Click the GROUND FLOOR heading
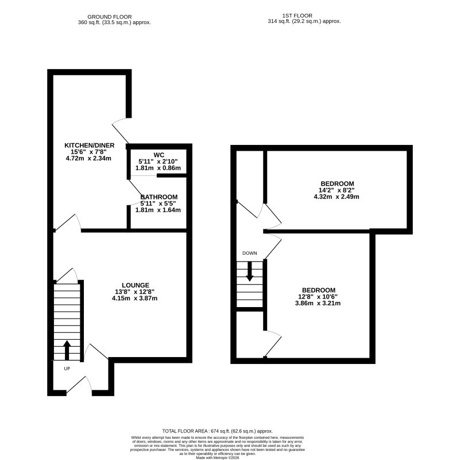[110, 17]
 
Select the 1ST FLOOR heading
[297, 16]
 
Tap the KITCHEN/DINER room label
[90, 145]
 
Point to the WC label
[159, 155]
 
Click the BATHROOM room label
[159, 197]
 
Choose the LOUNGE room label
[136, 285]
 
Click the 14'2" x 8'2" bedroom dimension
[337, 190]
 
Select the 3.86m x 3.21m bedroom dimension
[318, 303]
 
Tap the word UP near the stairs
[67, 369]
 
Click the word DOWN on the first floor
[250, 253]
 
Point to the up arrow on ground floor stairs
[67, 350]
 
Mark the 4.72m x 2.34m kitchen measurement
[88, 158]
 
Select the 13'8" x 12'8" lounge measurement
[135, 292]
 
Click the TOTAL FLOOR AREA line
[218, 431]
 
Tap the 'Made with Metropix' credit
[218, 458]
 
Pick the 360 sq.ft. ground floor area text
[114, 22]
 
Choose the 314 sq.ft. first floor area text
[304, 21]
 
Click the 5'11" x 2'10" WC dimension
[158, 161]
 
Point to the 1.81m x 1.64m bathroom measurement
[158, 210]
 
